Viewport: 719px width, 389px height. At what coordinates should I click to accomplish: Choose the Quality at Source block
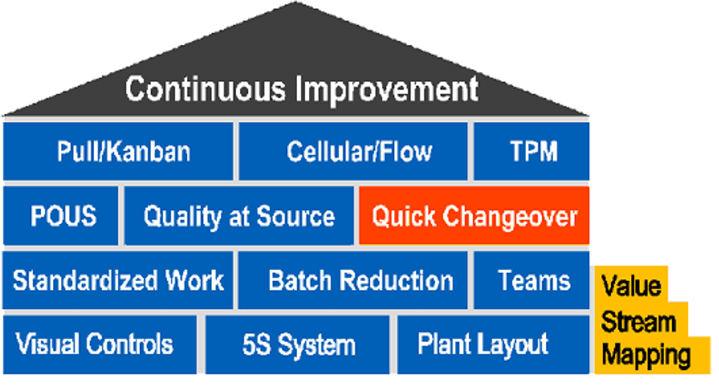click(x=239, y=217)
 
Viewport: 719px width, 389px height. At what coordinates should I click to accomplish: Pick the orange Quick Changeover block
click(x=474, y=217)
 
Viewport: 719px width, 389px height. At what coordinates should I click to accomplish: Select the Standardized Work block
click(x=118, y=280)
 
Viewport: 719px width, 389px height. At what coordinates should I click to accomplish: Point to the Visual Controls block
click(x=100, y=344)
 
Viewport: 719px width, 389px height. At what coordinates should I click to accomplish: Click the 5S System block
click(x=298, y=344)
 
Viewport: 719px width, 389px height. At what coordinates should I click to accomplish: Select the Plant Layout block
click(x=493, y=344)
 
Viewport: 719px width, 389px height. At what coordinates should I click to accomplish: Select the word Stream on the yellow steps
click(x=638, y=321)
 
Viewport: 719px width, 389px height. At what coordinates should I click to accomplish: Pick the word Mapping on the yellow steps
click(x=646, y=356)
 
